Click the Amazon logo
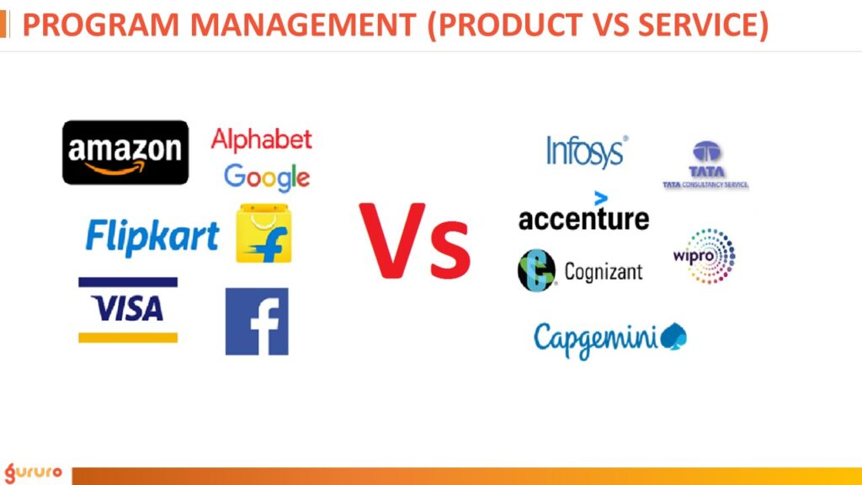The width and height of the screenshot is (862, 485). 125,152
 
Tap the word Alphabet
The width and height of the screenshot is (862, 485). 261,139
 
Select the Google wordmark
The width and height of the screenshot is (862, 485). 267,177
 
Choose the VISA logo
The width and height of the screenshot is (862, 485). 128,310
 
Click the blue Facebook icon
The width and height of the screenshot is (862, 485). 257,321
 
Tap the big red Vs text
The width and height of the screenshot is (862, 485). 414,242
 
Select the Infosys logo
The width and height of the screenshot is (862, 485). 587,152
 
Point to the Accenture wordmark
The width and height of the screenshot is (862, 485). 583,219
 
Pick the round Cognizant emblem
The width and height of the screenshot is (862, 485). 536,270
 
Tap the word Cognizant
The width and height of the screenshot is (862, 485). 603,272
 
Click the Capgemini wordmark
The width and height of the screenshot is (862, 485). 597,338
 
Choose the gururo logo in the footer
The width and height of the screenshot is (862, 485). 33,471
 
